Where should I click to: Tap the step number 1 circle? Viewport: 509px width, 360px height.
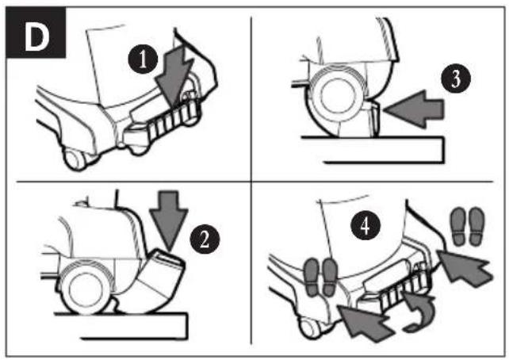143,59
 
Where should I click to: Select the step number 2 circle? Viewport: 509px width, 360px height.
205,240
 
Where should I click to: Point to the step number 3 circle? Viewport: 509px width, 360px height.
456,79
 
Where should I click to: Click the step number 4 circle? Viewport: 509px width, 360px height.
365,225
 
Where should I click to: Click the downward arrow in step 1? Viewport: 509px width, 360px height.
174,77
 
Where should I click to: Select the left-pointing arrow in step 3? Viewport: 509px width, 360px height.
414,109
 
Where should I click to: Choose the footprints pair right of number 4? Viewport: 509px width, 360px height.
468,226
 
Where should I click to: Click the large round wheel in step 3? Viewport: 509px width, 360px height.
338,94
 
